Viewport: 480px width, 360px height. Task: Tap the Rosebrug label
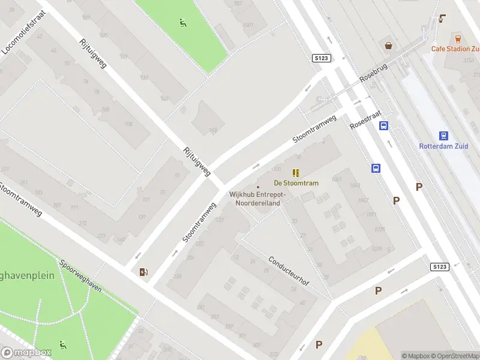coord(374,74)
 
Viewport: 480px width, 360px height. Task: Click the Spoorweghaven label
coord(80,275)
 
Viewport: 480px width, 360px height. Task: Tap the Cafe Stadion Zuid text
coord(455,49)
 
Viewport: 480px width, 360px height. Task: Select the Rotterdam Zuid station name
coord(443,146)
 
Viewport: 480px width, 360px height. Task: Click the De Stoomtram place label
coord(296,183)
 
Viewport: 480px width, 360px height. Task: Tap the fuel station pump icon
coord(143,272)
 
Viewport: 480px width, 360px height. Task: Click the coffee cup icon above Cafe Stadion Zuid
coord(443,19)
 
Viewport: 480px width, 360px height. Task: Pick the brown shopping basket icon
coord(389,45)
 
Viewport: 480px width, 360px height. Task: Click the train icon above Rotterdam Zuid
coord(443,136)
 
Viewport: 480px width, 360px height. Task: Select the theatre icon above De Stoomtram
coord(296,172)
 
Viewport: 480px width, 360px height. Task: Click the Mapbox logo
coord(26,353)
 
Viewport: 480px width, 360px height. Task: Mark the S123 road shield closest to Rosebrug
coord(322,58)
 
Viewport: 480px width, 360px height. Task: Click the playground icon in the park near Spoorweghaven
coord(62,344)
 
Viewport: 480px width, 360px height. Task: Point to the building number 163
coord(212,130)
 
